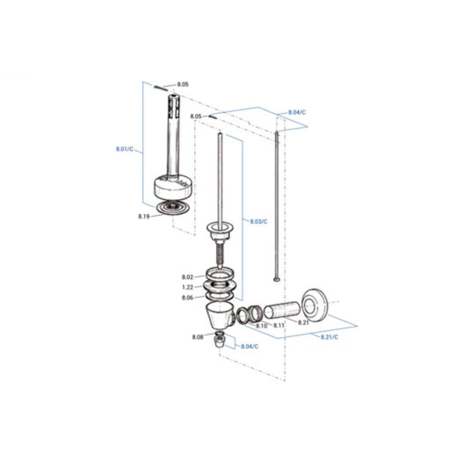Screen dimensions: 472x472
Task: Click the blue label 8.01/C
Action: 124,149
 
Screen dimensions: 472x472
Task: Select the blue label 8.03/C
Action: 259,221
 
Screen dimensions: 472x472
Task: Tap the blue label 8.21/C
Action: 329,337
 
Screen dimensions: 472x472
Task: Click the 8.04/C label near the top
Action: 297,112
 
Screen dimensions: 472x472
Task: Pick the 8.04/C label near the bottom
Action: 250,346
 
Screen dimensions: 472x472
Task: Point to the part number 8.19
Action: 144,216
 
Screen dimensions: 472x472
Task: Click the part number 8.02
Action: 187,277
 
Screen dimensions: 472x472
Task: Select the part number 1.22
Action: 187,287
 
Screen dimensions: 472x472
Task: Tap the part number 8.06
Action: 187,298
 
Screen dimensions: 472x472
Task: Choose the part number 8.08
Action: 198,337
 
